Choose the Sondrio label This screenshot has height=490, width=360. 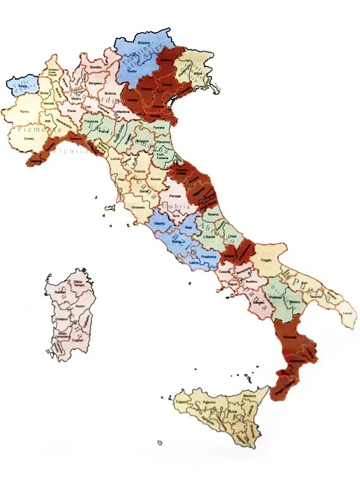click(96, 68)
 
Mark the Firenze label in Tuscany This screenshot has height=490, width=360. click(140, 171)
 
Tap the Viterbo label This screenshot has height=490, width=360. click(158, 222)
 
